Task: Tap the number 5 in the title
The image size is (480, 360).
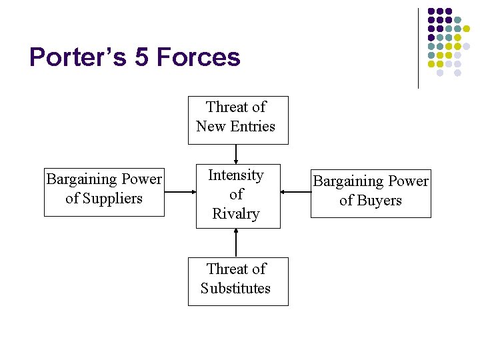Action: pyautogui.click(x=141, y=57)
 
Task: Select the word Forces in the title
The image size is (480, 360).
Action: pyautogui.click(x=197, y=57)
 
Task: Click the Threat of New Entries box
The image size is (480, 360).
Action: pyautogui.click(x=238, y=120)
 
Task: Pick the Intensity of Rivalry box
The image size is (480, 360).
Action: pyautogui.click(x=238, y=196)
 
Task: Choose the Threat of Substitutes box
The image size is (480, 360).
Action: pyautogui.click(x=238, y=281)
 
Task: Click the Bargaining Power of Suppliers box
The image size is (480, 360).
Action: pyautogui.click(x=104, y=192)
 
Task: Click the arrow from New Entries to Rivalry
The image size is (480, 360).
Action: pyautogui.click(x=237, y=154)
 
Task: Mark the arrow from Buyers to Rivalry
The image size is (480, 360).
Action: pyautogui.click(x=295, y=193)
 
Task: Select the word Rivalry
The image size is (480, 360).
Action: pyautogui.click(x=236, y=213)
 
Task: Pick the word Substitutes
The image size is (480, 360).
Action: pyautogui.click(x=236, y=289)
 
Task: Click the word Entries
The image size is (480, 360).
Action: pyautogui.click(x=251, y=126)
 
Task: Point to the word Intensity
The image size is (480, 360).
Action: pyautogui.click(x=236, y=175)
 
